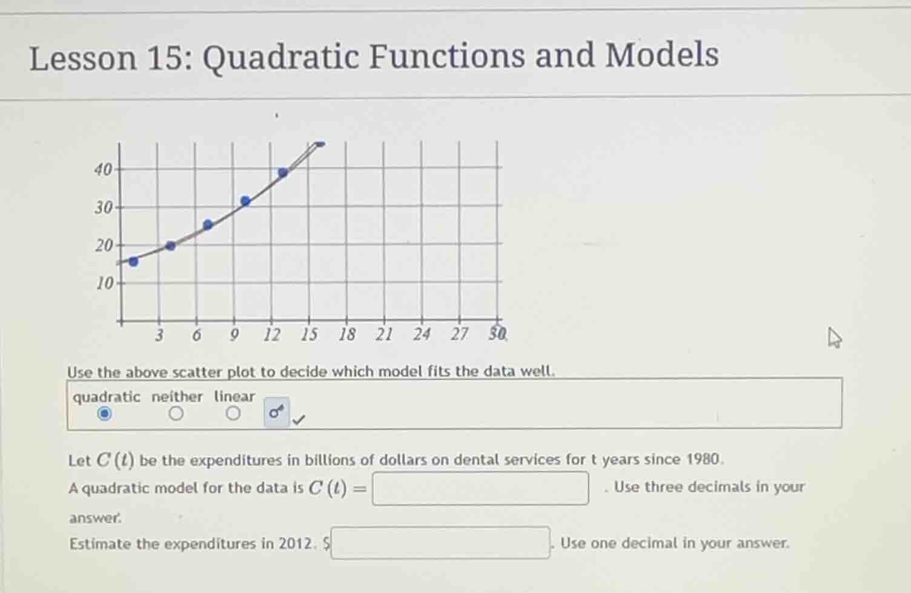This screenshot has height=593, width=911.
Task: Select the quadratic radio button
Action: click(x=105, y=414)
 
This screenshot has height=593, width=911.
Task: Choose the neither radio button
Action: click(x=176, y=414)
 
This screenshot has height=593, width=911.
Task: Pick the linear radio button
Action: click(x=233, y=414)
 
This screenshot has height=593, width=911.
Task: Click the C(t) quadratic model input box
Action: click(x=480, y=488)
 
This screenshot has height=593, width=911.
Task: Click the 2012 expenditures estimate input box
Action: click(x=440, y=543)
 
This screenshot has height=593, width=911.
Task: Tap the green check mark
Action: click(x=299, y=419)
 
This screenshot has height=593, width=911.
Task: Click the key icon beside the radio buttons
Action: click(x=276, y=413)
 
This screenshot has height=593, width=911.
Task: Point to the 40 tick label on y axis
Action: click(x=103, y=169)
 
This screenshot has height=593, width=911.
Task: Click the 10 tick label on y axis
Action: click(x=105, y=283)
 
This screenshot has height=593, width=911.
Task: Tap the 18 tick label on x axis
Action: click(x=346, y=334)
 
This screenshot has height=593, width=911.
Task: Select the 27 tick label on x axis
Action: click(x=459, y=334)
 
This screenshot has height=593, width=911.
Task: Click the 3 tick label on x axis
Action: click(x=159, y=335)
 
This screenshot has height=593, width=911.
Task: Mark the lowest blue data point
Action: click(x=134, y=261)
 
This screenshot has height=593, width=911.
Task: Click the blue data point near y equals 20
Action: click(x=171, y=246)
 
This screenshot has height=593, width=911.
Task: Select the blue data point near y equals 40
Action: click(x=283, y=172)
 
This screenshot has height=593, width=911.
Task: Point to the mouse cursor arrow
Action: click(x=835, y=337)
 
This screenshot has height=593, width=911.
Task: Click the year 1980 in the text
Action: click(x=704, y=459)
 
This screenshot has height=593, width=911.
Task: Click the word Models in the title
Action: click(x=662, y=56)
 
